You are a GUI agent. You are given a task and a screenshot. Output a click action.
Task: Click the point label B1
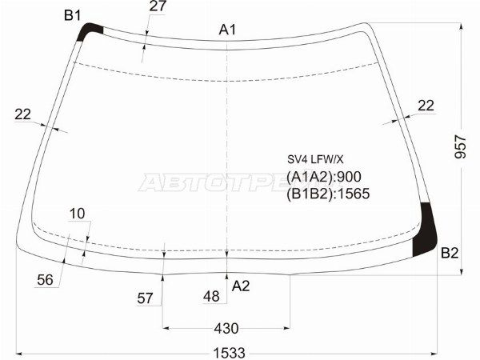click(x=72, y=15)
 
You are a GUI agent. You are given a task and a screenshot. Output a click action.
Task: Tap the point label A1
click(x=228, y=30)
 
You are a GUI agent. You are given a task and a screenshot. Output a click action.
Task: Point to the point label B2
click(x=450, y=254)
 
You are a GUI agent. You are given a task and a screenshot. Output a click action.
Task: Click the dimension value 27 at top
click(x=158, y=7)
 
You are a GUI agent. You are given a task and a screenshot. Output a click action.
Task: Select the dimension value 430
click(x=226, y=328)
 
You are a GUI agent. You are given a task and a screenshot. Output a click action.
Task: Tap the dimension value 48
click(x=211, y=297)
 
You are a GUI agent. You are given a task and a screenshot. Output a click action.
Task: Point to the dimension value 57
click(x=145, y=298)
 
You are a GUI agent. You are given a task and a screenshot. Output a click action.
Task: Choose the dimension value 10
click(x=77, y=214)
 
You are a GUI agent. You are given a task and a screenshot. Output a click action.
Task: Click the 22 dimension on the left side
click(x=23, y=114)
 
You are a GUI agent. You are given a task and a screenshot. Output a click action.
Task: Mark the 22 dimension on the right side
click(x=426, y=105)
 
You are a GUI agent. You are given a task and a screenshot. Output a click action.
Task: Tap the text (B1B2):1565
click(x=328, y=193)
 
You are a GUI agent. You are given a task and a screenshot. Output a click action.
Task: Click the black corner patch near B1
click(x=91, y=32)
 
